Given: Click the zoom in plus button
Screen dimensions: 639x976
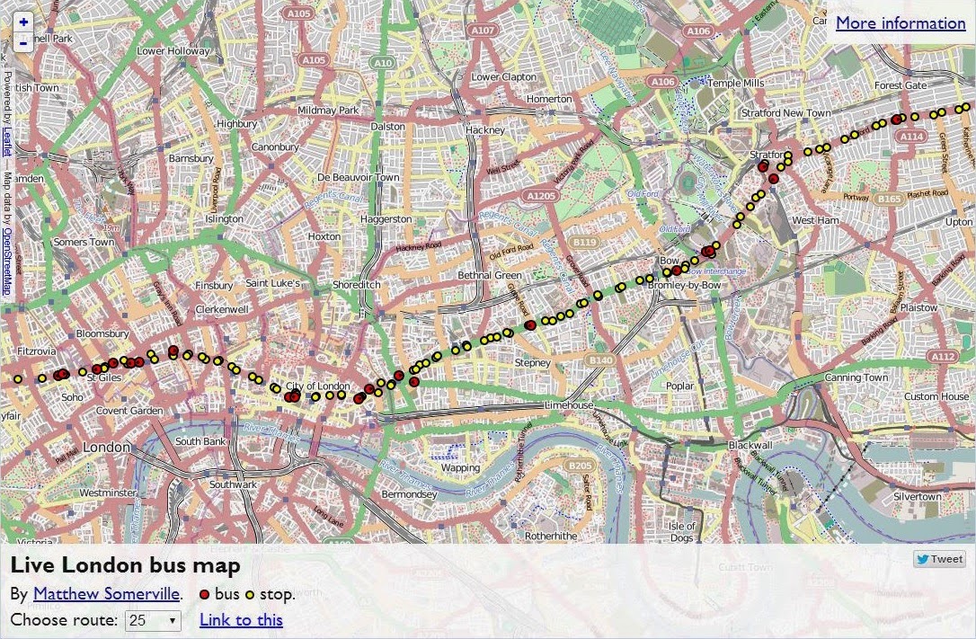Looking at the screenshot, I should point(23,22).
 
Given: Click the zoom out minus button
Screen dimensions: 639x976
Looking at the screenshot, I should point(23,41).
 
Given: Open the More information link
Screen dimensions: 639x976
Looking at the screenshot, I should point(901,23).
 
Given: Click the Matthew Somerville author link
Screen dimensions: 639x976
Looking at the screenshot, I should point(107,594).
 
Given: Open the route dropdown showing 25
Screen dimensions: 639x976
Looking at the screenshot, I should point(153,620).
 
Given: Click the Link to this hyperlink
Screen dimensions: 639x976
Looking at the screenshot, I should point(241,620).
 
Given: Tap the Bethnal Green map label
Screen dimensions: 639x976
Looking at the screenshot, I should point(490,275).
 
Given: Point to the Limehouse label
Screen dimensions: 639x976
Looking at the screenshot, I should point(569,405).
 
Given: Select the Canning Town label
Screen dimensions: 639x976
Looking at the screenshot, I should point(856,377).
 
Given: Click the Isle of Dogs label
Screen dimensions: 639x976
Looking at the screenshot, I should point(682,531).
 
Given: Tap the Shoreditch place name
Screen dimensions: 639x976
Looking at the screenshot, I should point(357,284).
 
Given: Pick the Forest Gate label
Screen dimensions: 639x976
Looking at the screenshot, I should point(901,85).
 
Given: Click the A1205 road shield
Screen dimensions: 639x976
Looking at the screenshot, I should point(542,195).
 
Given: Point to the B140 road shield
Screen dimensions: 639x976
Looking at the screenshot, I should point(599,359).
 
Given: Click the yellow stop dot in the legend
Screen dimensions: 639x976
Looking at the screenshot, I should point(249,594).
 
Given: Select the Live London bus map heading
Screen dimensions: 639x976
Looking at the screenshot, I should point(126,565).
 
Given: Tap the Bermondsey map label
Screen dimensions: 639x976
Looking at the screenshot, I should point(409,494).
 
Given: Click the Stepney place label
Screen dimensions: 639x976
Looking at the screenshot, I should point(532,362).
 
